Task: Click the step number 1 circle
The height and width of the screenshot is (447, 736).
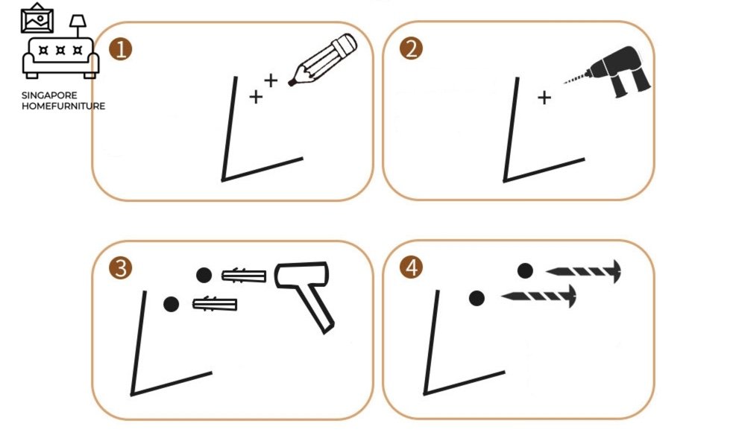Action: click(121, 49)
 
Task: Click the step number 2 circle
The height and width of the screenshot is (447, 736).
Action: click(411, 48)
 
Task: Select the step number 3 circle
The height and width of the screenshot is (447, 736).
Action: click(121, 268)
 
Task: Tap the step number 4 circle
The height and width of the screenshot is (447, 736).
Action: click(411, 267)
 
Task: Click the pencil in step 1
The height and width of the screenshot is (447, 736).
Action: click(322, 60)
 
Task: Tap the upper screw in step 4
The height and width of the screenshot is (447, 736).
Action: click(583, 271)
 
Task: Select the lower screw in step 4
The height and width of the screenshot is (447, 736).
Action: click(539, 296)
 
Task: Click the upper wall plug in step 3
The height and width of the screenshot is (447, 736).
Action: click(244, 276)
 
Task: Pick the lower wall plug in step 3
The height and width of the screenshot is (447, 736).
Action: click(215, 304)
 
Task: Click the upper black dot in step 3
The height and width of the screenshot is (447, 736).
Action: click(204, 275)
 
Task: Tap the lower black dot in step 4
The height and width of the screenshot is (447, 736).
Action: click(476, 298)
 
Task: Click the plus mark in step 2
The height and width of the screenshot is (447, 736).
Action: click(544, 98)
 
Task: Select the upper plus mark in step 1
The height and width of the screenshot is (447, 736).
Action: click(271, 80)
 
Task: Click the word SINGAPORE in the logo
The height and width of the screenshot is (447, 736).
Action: click(49, 95)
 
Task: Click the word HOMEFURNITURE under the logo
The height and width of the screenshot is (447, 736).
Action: click(63, 106)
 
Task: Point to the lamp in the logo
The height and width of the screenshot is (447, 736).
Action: click(78, 26)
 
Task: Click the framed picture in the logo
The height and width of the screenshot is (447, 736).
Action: click(37, 19)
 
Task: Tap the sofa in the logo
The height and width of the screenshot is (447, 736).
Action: click(60, 57)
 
